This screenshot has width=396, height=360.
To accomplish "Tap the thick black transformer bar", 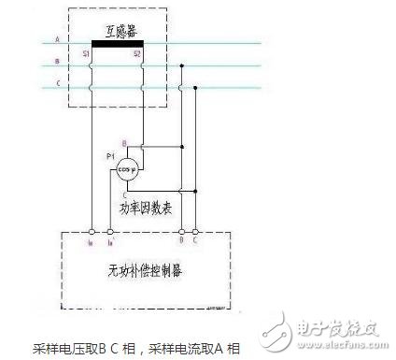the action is [x=117, y=44].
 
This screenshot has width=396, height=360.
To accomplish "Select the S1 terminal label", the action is [x=86, y=54].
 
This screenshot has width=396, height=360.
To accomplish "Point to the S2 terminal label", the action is [x=137, y=54].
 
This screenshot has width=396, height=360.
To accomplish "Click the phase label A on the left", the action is [x=57, y=39].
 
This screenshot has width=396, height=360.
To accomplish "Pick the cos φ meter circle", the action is [x=126, y=168].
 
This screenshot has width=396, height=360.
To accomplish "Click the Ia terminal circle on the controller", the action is [x=92, y=229].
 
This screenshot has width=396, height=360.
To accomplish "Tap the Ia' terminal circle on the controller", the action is [x=111, y=229].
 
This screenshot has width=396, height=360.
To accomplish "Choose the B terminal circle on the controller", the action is [x=182, y=229].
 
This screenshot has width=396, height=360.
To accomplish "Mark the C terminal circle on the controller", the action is [x=193, y=229].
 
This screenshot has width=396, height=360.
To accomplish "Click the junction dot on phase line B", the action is [x=182, y=65].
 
